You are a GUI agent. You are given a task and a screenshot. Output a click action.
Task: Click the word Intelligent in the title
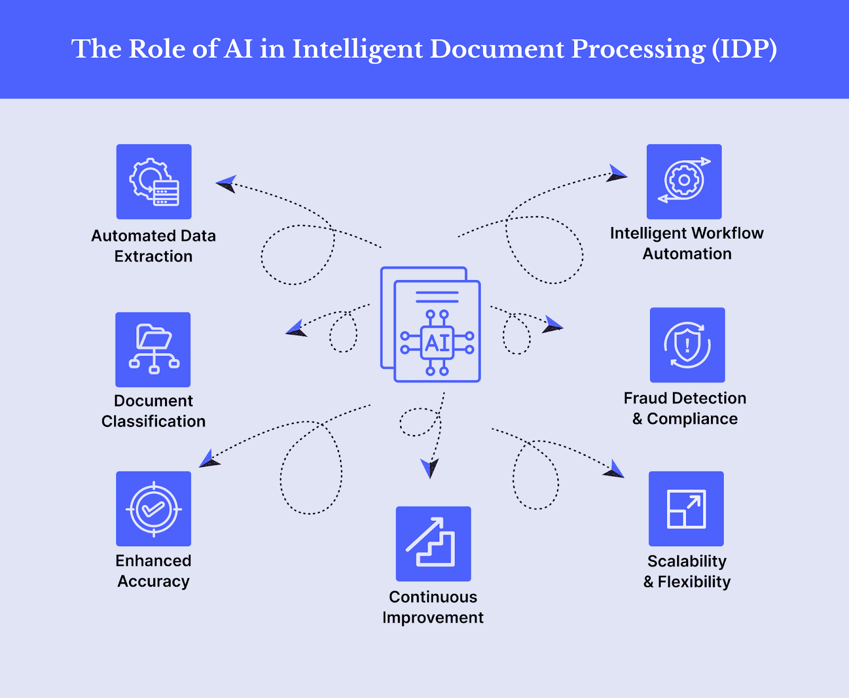358,49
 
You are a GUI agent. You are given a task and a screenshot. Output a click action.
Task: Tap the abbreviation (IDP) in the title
744,49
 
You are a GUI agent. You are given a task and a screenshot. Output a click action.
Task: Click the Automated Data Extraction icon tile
154,181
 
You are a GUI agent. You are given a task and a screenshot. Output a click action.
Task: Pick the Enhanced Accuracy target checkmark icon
153,509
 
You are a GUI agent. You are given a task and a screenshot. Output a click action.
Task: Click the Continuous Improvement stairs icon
433,544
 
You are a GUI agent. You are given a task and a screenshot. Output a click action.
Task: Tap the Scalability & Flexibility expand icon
686,509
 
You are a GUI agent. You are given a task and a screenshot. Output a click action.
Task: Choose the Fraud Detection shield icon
687,345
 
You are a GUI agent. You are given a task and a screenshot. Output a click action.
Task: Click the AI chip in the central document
437,343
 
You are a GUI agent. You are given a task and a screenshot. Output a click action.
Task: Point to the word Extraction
153,256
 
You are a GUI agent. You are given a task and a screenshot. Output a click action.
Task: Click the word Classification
153,421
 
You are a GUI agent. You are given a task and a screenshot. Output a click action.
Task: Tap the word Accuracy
153,582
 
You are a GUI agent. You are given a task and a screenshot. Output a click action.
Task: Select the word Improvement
433,617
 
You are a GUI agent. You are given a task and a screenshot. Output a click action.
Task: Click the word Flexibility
694,582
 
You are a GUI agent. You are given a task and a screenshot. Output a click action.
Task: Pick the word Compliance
692,419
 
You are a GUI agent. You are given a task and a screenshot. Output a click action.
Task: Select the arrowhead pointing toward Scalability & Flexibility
614,469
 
